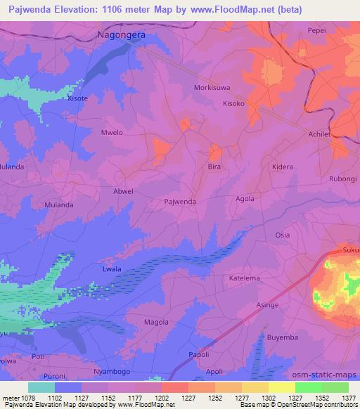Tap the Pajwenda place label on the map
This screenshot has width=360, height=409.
[x=179, y=201]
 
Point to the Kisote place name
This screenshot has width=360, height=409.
[x=77, y=98]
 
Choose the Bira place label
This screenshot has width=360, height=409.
[x=214, y=168]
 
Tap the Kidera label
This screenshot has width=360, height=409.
[x=282, y=168]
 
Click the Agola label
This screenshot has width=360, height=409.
[x=245, y=198]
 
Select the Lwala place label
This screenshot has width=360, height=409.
[x=111, y=268]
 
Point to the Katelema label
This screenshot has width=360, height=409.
[x=245, y=278]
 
